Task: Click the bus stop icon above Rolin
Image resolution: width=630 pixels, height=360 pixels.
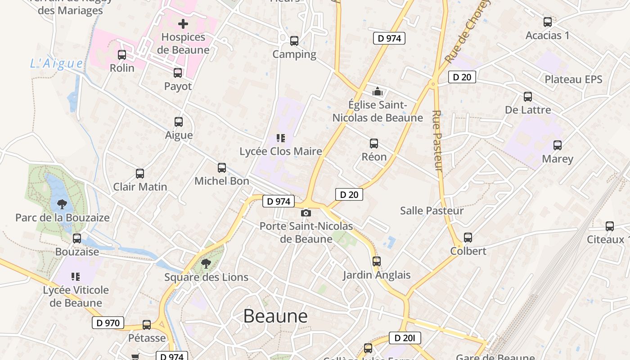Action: point(122,55)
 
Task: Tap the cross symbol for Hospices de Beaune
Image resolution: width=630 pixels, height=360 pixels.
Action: point(183,24)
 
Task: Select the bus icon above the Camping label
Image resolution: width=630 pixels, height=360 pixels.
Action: point(294,41)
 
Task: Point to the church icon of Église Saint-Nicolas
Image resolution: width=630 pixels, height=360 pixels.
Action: point(377,92)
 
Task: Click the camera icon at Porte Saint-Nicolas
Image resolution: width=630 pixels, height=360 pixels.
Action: point(306,213)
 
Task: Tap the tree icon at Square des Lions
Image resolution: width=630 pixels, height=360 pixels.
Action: point(206,263)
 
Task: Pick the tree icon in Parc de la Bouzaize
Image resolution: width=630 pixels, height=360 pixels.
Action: point(62,204)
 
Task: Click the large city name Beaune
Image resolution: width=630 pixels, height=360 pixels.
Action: point(275,316)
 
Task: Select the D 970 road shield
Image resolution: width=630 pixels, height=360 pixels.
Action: point(108,323)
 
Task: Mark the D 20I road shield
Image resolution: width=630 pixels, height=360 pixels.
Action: point(405,338)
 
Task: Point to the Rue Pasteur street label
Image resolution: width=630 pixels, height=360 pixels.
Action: point(437,140)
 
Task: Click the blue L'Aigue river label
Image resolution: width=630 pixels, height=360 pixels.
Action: point(57,63)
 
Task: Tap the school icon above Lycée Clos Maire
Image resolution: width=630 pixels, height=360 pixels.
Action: point(281,138)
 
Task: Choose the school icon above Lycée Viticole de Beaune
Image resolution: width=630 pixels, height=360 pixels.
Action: point(76,276)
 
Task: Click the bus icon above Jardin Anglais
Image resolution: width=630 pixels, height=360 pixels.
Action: point(377,261)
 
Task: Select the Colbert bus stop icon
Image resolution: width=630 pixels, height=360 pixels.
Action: point(468,238)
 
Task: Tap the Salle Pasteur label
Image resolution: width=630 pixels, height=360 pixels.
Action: point(432,211)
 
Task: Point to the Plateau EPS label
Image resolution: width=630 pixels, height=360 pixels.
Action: point(573,80)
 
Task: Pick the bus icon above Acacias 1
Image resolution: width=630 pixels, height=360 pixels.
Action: point(548,22)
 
